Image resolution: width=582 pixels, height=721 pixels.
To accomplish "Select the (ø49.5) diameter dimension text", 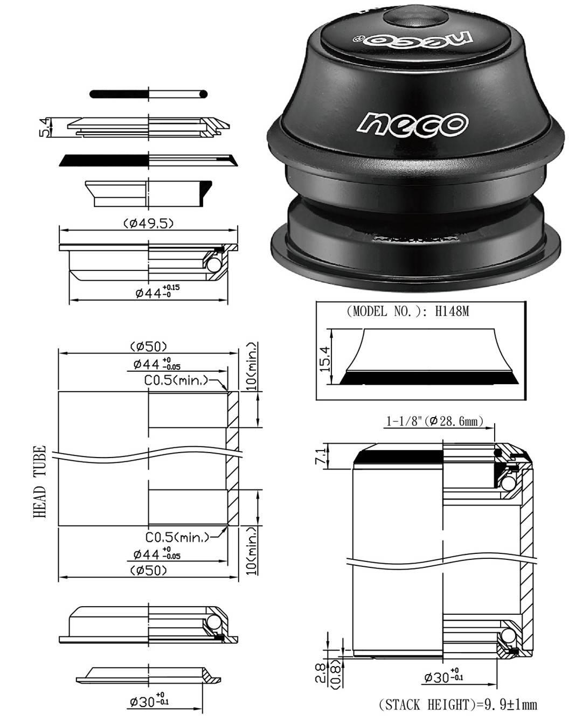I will point(148,223).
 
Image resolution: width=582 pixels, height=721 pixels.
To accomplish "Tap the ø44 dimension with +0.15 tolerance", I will point(157,292).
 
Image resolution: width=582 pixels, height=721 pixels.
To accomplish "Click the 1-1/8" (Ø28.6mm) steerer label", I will point(434,421).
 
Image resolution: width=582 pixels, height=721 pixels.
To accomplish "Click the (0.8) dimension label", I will point(336,674).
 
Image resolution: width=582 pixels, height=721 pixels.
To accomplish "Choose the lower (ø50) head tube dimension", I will point(148,570).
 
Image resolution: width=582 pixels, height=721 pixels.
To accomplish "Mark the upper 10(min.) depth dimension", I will point(251,367).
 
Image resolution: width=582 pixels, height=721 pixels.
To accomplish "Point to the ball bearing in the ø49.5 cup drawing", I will point(212,265).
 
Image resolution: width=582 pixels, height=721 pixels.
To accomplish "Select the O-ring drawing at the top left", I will point(149,94).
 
